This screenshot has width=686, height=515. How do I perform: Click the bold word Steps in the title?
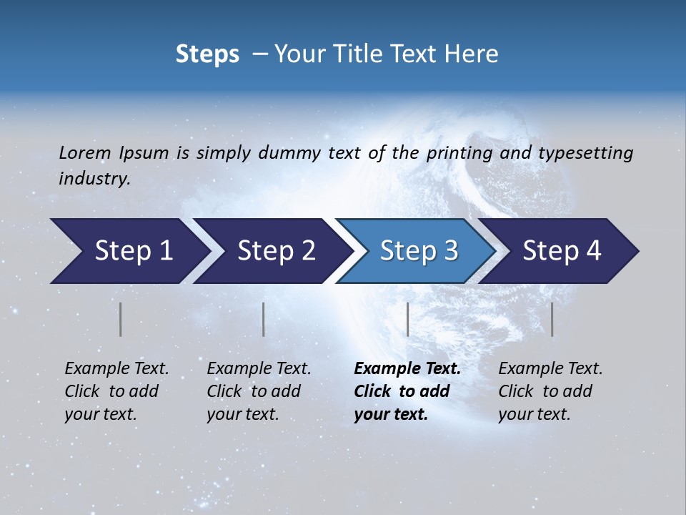(x=207, y=54)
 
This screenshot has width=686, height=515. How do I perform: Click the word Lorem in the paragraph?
(x=85, y=153)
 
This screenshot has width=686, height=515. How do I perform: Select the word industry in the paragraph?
(x=94, y=179)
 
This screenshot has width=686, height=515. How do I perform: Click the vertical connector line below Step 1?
(x=121, y=319)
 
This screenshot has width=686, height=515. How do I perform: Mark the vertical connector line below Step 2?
(x=264, y=319)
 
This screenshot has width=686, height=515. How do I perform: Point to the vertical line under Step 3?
(x=407, y=319)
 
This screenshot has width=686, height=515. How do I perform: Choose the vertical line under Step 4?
(x=552, y=319)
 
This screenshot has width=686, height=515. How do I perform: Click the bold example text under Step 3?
(x=407, y=391)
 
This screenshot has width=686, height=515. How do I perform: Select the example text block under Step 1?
(x=116, y=391)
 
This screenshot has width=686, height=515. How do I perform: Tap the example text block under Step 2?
(x=259, y=391)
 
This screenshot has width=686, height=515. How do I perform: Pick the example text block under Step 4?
(x=550, y=391)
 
